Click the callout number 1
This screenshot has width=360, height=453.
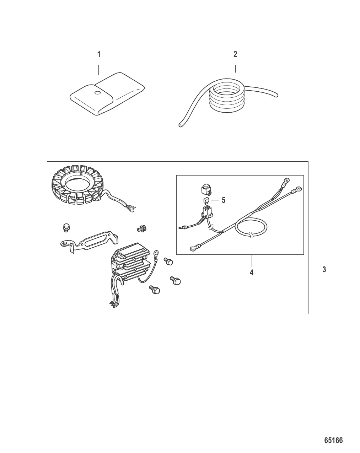coord(99,54)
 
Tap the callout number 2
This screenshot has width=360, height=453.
coord(235,54)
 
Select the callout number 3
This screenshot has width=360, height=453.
coord(324,269)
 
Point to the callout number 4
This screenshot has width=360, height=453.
coord(252,273)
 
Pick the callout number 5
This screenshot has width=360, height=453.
coord(224,200)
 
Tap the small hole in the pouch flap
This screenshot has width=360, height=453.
coord(98,93)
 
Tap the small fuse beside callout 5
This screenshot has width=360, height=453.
coord(206,201)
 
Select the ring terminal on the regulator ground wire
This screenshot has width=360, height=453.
coord(156,253)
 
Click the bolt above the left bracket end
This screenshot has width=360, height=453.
coord(66,228)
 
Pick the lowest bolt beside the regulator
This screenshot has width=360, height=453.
coord(155,290)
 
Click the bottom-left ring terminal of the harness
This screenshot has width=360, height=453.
coord(193,249)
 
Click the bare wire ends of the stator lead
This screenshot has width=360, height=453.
coord(131,208)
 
